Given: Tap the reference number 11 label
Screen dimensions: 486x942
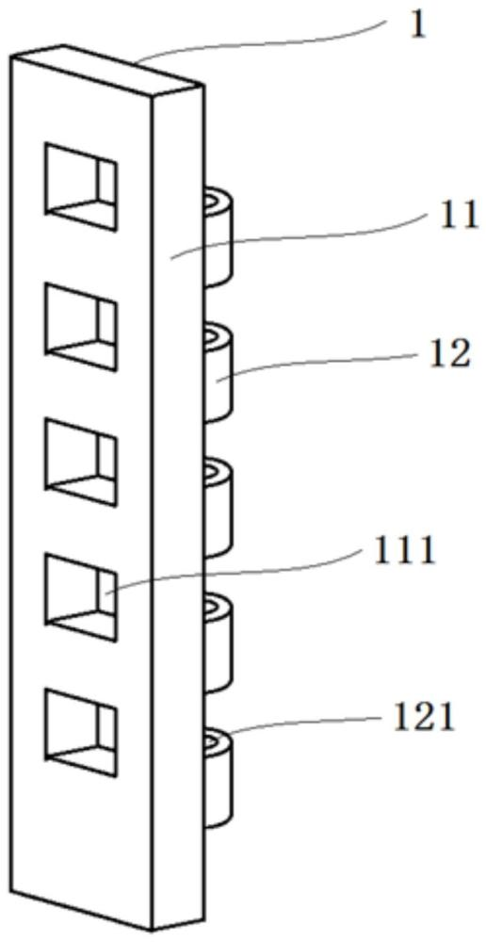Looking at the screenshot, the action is (459, 217).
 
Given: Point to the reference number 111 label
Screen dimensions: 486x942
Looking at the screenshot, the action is (404, 551).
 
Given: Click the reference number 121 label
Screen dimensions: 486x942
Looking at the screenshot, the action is (422, 718).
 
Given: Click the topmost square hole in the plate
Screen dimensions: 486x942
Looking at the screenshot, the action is (80, 187).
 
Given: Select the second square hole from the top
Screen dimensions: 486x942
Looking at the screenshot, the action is (80, 328).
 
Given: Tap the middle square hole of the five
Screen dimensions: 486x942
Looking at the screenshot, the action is (80, 463).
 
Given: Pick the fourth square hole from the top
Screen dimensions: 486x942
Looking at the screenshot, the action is (80, 598).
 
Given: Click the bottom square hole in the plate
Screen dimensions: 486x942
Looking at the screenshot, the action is (80, 732).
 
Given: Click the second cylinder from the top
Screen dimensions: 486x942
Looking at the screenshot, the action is (218, 372).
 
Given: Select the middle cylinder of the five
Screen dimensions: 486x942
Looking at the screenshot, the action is (218, 508).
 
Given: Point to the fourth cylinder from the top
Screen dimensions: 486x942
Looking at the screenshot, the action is (218, 642).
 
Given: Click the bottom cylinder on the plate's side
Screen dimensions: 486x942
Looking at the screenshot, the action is (218, 778).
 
